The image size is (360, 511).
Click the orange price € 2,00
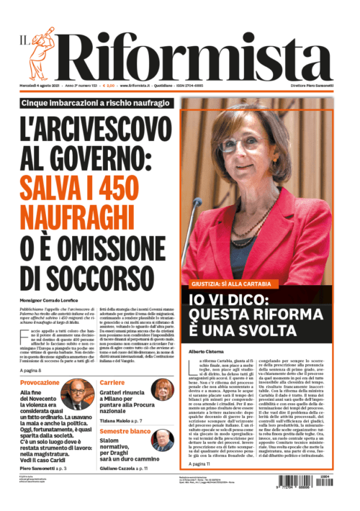[x=109, y=86]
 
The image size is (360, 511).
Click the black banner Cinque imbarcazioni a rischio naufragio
[x=106, y=104]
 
